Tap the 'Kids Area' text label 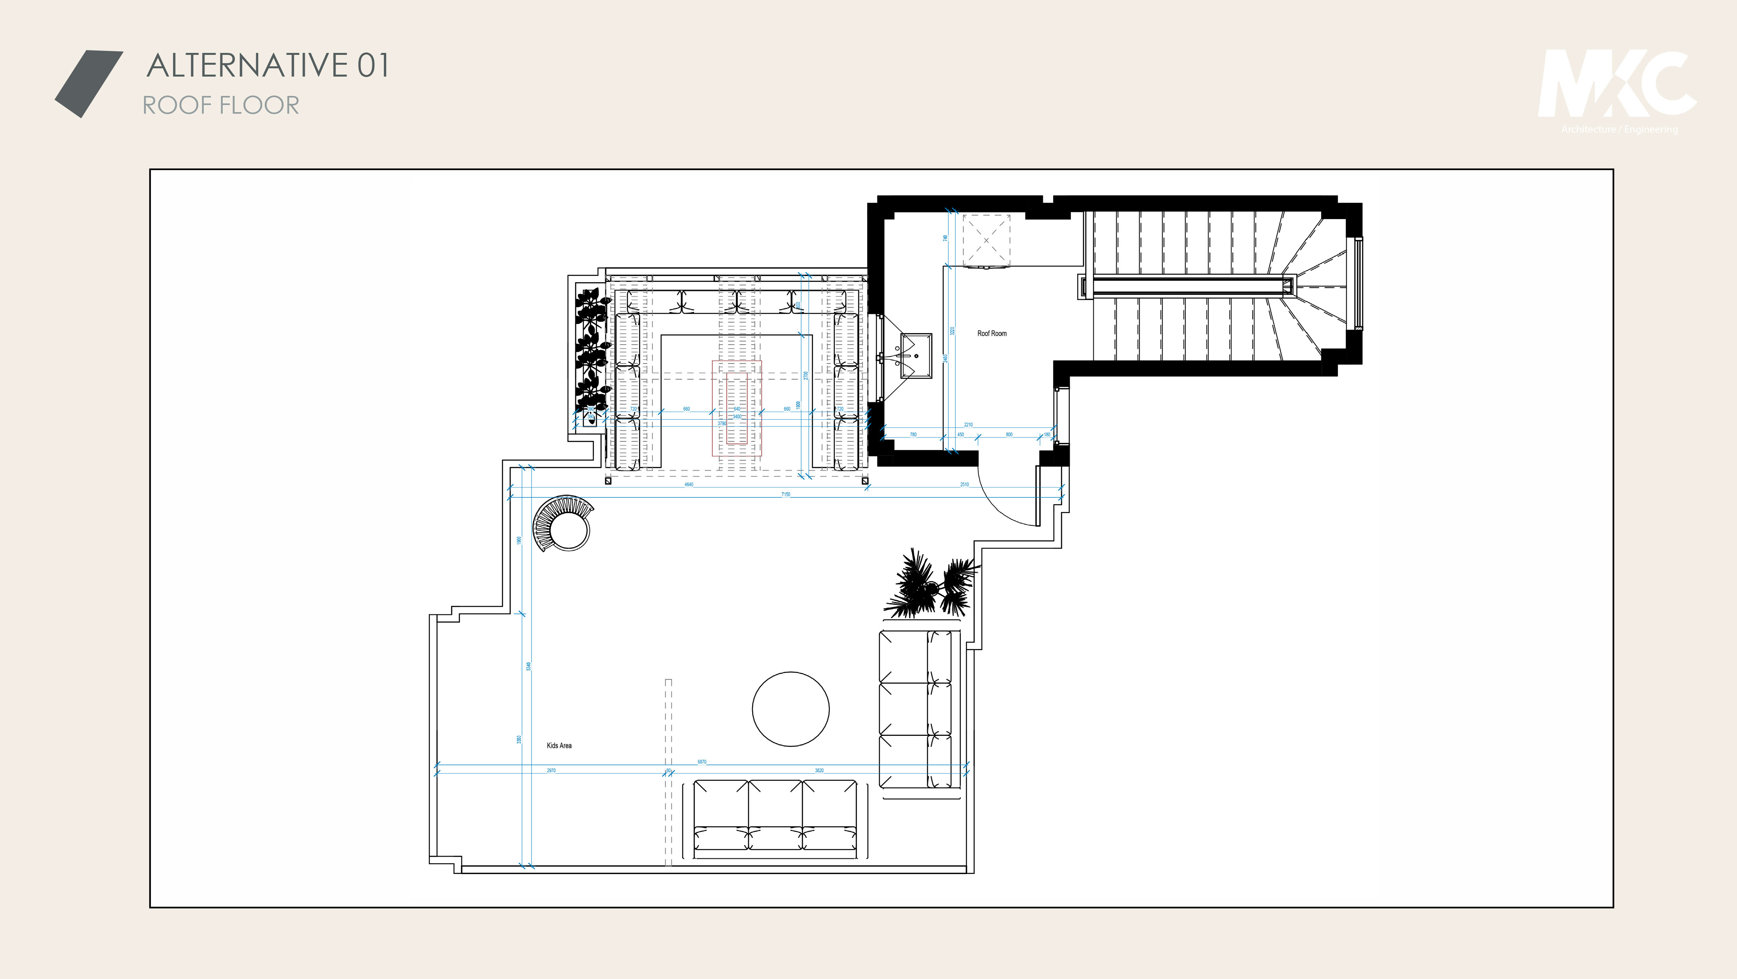[559, 745]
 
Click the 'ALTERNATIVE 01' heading [268, 66]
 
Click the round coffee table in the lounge [790, 709]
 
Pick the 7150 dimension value [785, 494]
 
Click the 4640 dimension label [689, 484]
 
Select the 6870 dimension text [702, 761]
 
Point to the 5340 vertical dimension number [529, 666]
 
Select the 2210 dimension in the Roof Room [968, 424]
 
